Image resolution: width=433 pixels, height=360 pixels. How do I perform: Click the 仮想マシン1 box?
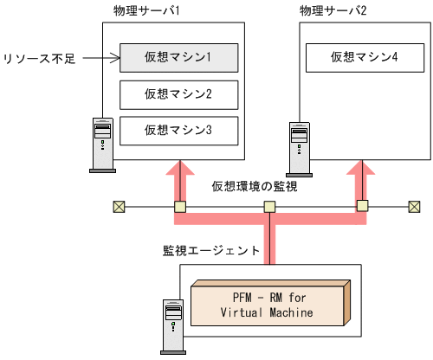coord(178,59)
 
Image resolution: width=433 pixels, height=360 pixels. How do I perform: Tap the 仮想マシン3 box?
coord(178,130)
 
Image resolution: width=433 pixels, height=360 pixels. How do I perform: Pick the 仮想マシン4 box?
coord(364,59)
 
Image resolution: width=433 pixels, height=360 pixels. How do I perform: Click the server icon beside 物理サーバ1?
coord(103,144)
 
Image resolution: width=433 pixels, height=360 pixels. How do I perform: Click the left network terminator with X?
coord(120,207)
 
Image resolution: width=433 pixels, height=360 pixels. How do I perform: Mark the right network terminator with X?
coord(414,207)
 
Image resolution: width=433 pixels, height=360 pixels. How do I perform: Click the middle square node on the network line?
coord(270,207)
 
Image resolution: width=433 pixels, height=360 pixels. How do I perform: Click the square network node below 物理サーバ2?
coord(361,207)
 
